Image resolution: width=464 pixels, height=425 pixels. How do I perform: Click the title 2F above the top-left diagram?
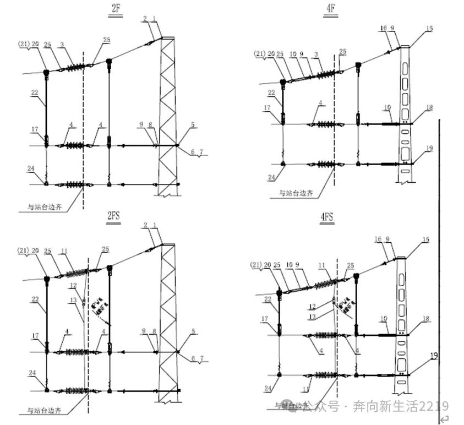pos(115,10)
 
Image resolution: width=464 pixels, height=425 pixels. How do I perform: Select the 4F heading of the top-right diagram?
pos(330,10)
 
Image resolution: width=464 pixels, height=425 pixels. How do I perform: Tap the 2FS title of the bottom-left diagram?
pos(113,216)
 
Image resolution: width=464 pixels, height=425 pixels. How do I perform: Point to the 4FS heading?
pos(326,217)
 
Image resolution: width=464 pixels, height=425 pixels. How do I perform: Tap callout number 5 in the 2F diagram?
pos(193,124)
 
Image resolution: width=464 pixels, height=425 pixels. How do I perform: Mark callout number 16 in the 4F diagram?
pos(383,27)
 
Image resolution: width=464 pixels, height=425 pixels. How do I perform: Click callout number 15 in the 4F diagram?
pos(430,27)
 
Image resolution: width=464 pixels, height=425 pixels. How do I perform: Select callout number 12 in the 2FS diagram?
pos(73,285)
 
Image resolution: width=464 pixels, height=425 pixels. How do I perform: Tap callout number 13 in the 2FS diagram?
pos(73,300)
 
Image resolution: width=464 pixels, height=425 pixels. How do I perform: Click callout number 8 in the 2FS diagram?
pos(155,331)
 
